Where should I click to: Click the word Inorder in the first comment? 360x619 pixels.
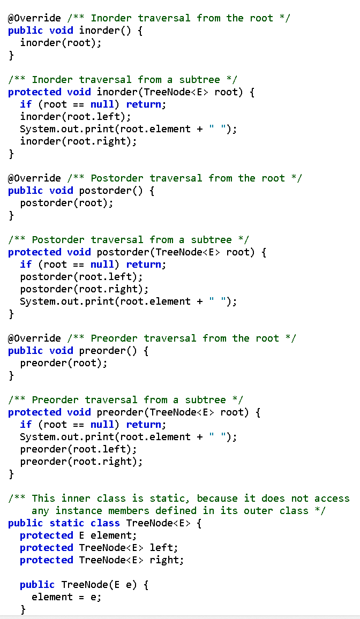(x=111, y=18)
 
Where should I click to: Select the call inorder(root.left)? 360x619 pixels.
(x=75, y=117)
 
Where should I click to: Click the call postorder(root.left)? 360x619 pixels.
(x=81, y=277)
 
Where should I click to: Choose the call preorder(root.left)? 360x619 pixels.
(x=78, y=449)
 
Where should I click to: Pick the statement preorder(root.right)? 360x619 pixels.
(x=81, y=462)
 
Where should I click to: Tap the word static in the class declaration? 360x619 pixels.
(x=67, y=523)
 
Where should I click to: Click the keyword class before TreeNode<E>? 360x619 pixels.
(x=105, y=523)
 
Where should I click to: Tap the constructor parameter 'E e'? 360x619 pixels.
(x=128, y=585)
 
